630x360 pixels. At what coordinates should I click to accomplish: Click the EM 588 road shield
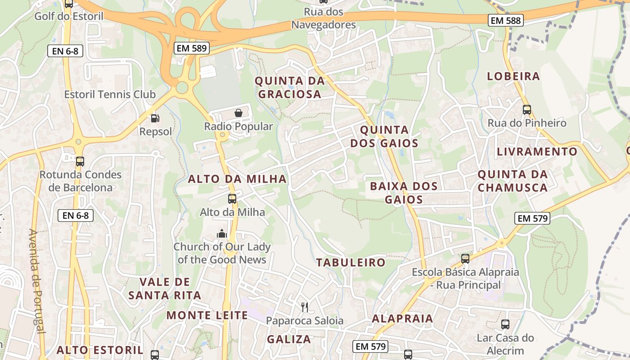[506, 20]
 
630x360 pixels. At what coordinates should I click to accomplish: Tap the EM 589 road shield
[192, 48]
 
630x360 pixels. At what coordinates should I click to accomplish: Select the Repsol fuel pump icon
[155, 118]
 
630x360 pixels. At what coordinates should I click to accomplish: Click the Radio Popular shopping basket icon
[238, 113]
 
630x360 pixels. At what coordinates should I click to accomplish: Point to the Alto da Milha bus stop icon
[232, 198]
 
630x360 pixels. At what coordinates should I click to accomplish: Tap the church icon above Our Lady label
[221, 234]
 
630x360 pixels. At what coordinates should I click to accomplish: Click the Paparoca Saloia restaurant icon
[305, 307]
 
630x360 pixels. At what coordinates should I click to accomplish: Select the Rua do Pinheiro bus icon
[527, 109]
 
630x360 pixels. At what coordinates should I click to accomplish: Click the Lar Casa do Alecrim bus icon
[505, 324]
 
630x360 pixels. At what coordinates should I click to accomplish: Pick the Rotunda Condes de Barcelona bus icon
[80, 161]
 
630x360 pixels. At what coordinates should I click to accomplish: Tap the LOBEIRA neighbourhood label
[513, 76]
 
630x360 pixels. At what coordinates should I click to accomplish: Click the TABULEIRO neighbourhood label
[351, 262]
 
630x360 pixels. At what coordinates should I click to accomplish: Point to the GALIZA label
[289, 339]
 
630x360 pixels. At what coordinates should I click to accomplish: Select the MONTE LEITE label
[207, 315]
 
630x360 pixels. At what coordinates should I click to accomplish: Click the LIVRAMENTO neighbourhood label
[537, 152]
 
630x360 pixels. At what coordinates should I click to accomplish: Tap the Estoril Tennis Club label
[110, 94]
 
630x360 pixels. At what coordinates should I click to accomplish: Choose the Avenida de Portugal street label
[38, 281]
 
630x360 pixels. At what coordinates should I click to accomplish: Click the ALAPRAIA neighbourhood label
[402, 319]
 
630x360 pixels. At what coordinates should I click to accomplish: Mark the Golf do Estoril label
[69, 16]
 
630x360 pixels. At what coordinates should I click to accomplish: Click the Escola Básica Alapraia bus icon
[465, 259]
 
